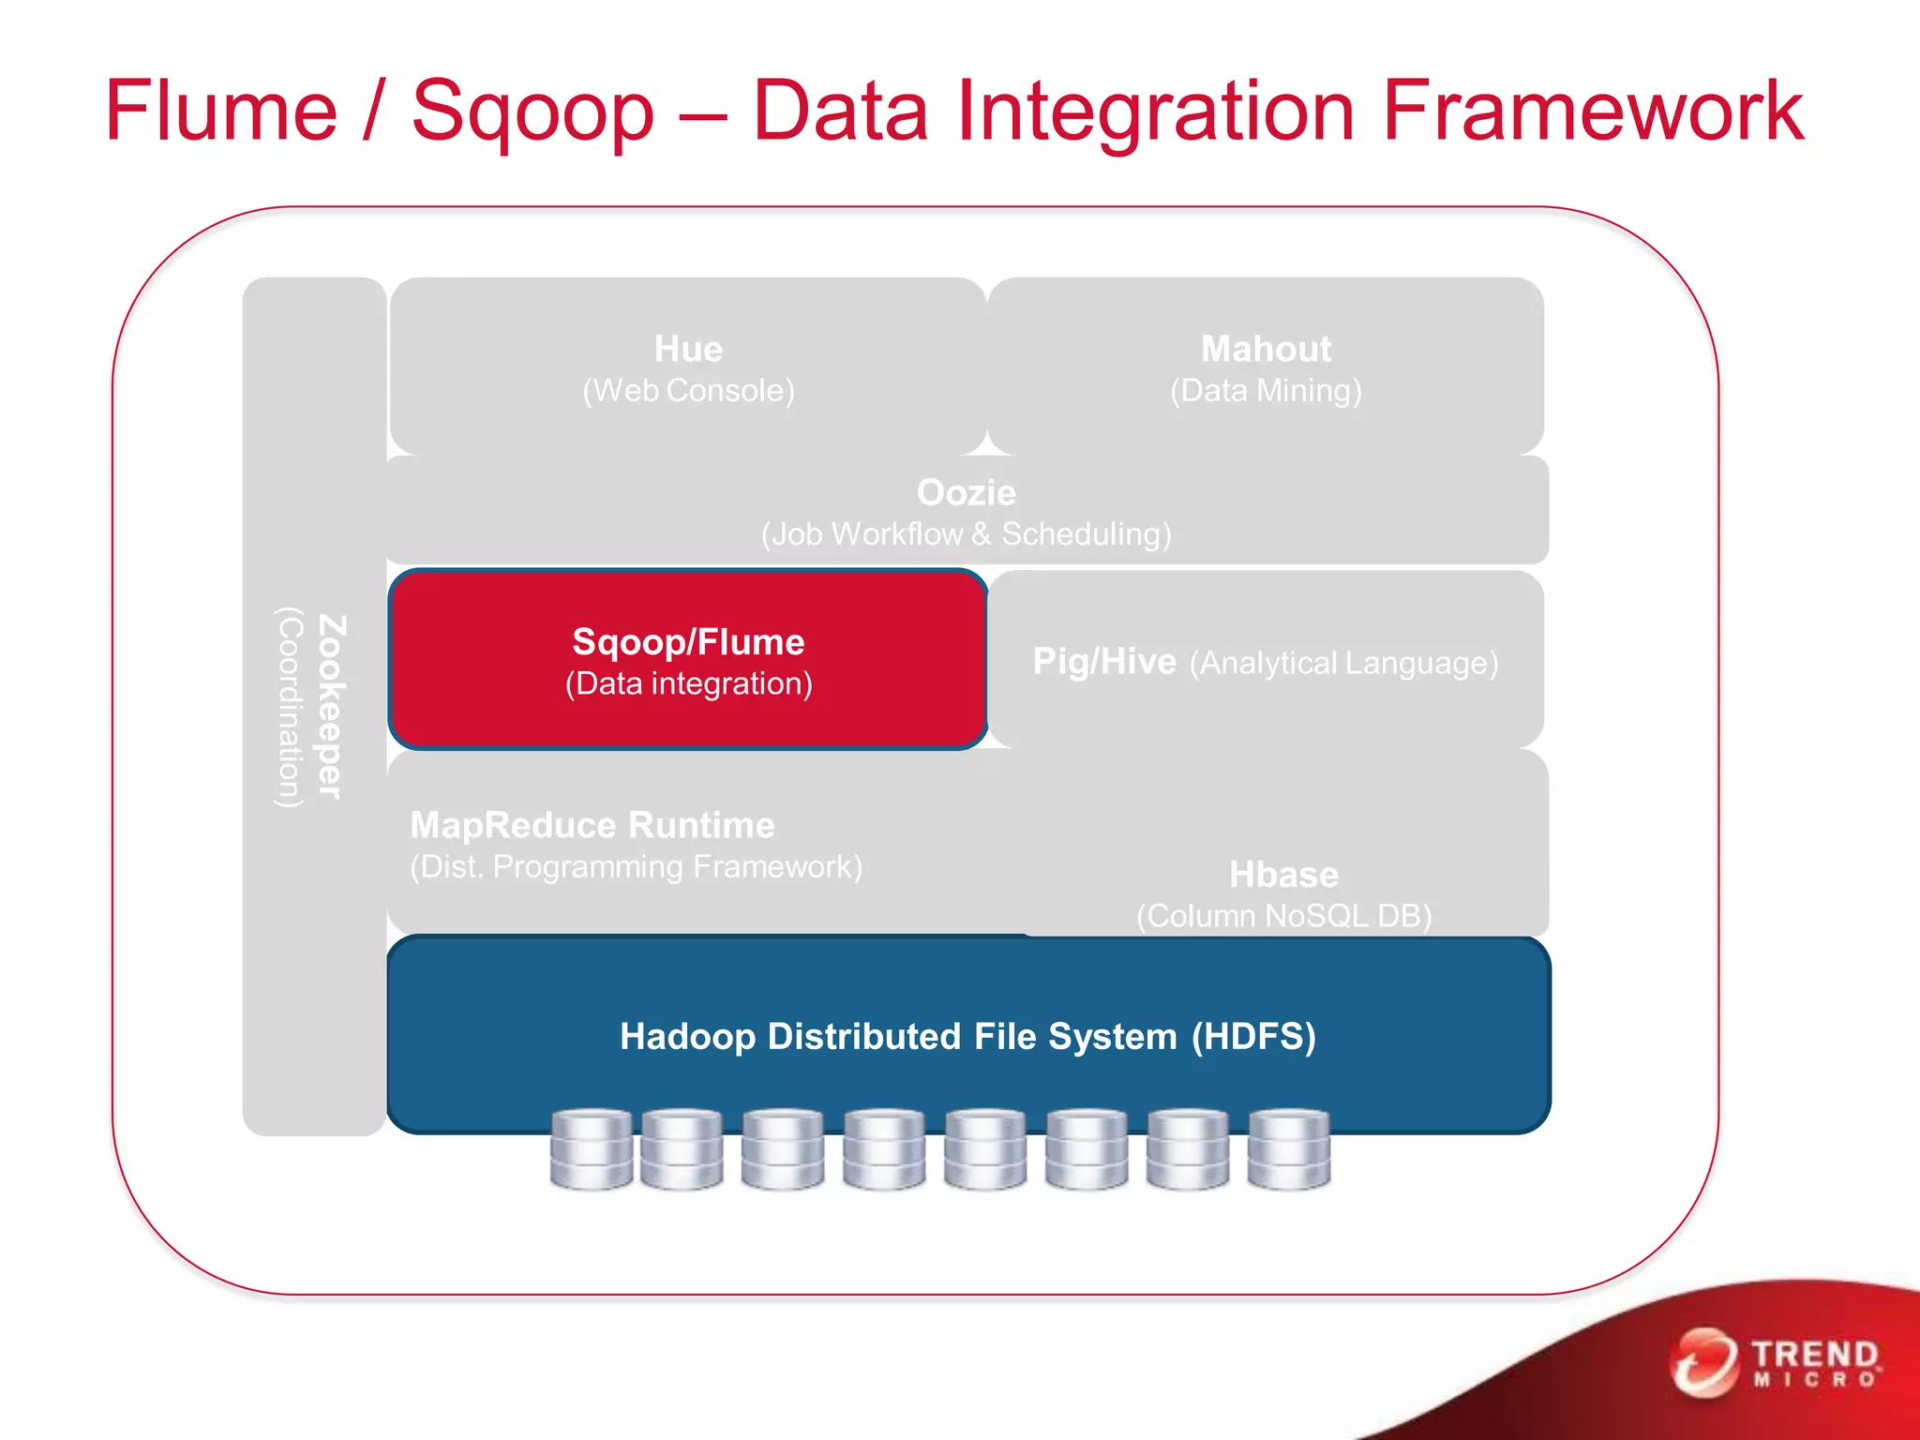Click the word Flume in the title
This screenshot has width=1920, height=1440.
coord(220,111)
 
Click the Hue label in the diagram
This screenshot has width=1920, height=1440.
coord(688,349)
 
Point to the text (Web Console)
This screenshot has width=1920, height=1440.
coord(688,391)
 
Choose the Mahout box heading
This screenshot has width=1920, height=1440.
coord(1266,349)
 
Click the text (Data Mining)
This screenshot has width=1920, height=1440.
coord(1266,391)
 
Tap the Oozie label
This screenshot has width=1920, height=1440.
coord(966,492)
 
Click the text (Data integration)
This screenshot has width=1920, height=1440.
coord(688,683)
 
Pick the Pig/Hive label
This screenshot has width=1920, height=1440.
coord(1103,662)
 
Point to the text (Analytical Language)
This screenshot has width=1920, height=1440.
coord(1343,664)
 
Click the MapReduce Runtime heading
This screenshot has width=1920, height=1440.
coord(592,825)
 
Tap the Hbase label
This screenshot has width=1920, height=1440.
coord(1283,875)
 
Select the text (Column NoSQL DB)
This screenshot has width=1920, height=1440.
coord(1283,916)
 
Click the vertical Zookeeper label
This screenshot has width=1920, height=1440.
coord(331,707)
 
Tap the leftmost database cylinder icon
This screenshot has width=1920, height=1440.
coord(591,1149)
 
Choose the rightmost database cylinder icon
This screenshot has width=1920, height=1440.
coord(1289,1149)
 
